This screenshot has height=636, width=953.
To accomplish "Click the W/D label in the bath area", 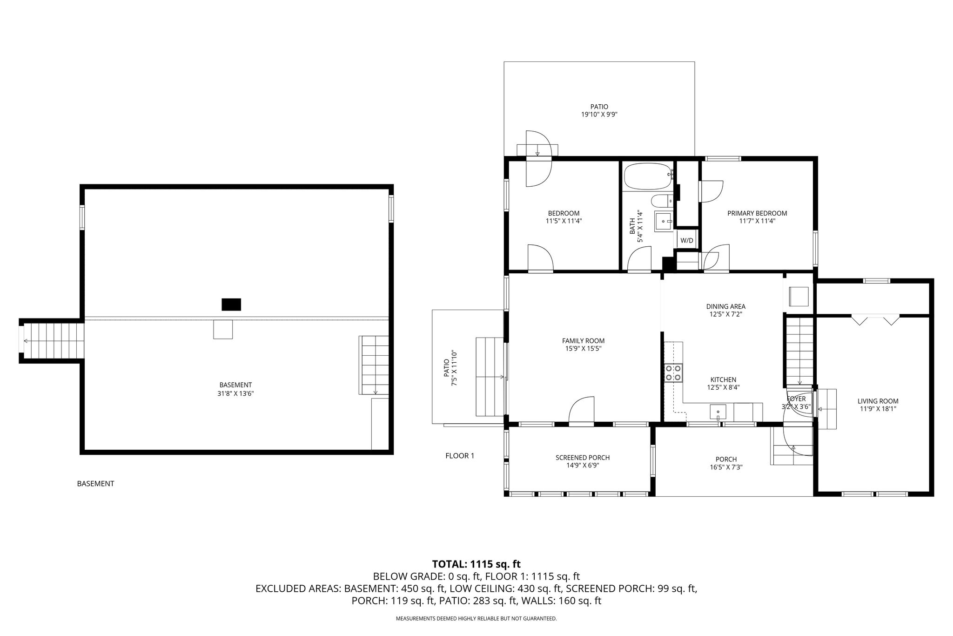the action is (x=687, y=241).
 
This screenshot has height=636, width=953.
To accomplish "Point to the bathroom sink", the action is (x=664, y=221).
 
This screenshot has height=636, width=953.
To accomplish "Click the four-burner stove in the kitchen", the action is (x=673, y=372).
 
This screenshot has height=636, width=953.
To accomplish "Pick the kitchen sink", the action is (x=718, y=412).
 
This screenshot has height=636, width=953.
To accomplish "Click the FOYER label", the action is (x=796, y=399).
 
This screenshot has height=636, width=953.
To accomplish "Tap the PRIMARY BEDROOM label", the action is (x=757, y=213).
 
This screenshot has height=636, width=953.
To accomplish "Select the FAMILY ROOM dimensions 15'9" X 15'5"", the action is (x=583, y=348).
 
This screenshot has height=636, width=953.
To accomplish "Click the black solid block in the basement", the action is (x=231, y=304).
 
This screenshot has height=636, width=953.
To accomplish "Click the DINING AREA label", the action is (x=725, y=306).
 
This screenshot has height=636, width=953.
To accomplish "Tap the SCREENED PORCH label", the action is (x=583, y=458).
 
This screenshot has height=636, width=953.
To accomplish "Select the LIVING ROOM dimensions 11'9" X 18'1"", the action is (x=878, y=409).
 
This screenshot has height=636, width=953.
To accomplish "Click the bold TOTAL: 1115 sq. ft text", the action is (x=476, y=564).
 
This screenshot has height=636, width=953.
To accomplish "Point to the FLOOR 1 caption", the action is (x=460, y=456).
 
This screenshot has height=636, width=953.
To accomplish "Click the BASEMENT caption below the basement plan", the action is (x=95, y=484).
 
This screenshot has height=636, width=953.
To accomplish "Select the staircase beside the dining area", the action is (x=799, y=351).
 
